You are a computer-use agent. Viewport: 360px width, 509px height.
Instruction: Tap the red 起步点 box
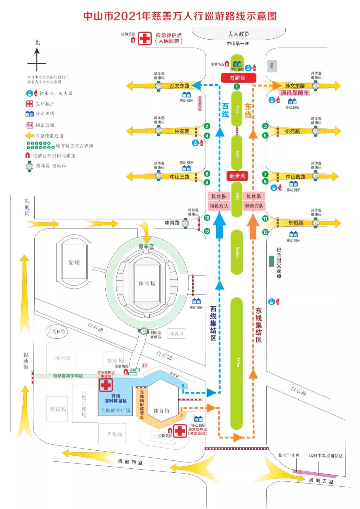click(x=237, y=176)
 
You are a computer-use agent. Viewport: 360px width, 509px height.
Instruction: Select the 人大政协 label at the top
click(x=238, y=34)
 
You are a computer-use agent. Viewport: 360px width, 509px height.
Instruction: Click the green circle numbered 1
click(x=237, y=87)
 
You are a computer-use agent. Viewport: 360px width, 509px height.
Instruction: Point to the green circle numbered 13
click(x=265, y=232)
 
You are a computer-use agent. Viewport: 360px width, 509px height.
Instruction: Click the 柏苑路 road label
click(x=182, y=131)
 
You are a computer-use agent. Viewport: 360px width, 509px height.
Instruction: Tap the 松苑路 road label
click(x=292, y=131)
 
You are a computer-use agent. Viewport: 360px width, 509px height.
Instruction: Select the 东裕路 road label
click(x=296, y=223)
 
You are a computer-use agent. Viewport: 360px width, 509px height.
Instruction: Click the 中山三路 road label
click(x=180, y=177)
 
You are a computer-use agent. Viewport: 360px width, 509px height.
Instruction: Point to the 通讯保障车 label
click(x=295, y=93)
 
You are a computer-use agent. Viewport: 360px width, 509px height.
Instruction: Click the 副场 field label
click(x=74, y=262)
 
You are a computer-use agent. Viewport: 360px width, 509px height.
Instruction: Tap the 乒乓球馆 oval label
click(x=56, y=331)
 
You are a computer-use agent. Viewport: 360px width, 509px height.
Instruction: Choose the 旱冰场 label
click(x=114, y=434)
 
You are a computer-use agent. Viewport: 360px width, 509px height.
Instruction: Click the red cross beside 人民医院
click(x=145, y=38)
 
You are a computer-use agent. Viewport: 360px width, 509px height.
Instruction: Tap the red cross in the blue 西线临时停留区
click(x=106, y=385)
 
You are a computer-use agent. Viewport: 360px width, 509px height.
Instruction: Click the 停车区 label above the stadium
click(x=146, y=247)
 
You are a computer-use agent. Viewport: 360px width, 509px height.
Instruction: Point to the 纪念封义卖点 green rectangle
click(x=272, y=261)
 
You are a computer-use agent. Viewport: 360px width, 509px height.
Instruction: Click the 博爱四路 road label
click(x=130, y=462)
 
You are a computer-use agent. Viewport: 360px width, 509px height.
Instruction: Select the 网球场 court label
click(x=62, y=358)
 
